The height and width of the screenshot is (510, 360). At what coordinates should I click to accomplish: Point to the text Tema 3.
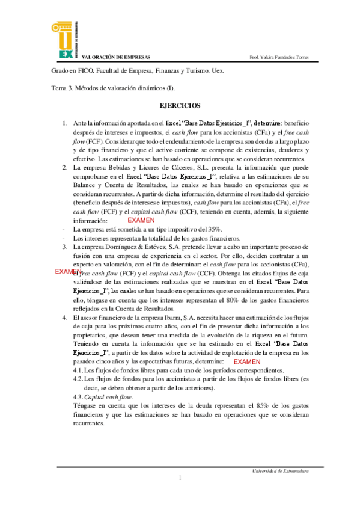click(x=62, y=88)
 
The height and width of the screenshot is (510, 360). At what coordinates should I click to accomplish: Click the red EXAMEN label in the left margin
click(x=68, y=272)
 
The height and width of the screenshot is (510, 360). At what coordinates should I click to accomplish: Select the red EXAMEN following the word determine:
click(x=246, y=362)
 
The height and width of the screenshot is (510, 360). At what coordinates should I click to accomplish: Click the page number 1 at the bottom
click(x=180, y=478)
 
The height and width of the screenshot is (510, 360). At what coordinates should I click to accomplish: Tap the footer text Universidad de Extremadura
click(x=281, y=470)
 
